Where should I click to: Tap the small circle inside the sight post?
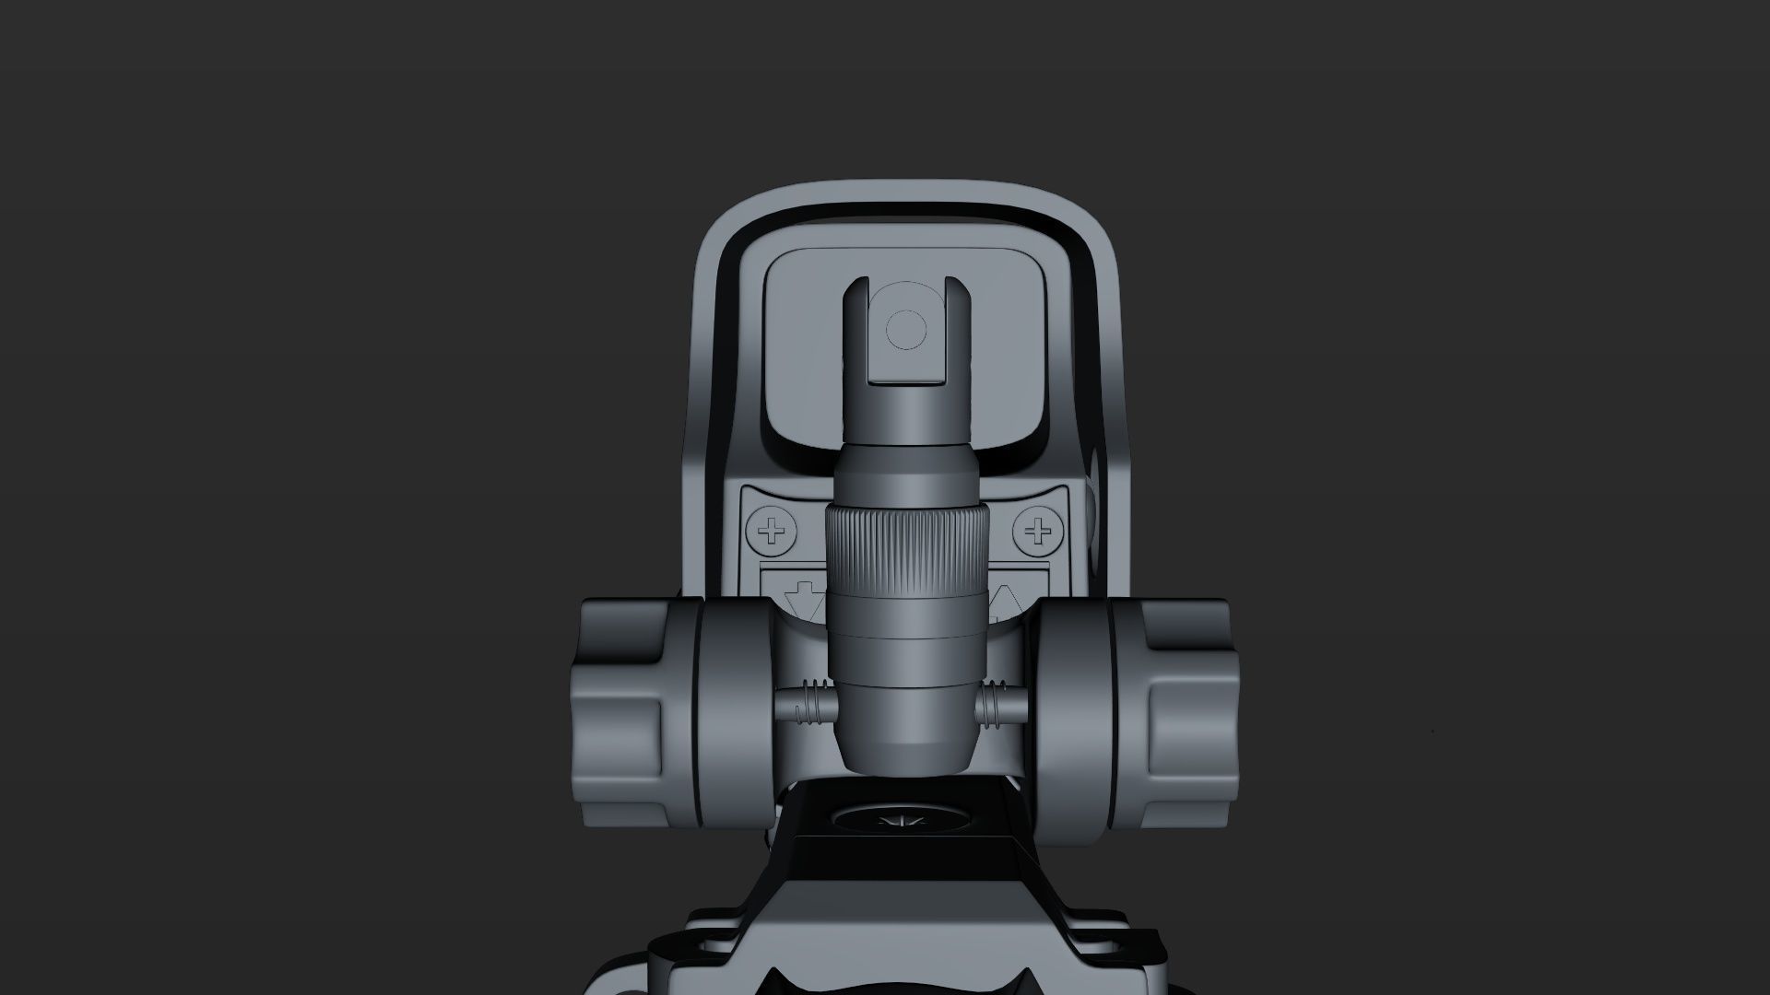904,328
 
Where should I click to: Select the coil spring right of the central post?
994,706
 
